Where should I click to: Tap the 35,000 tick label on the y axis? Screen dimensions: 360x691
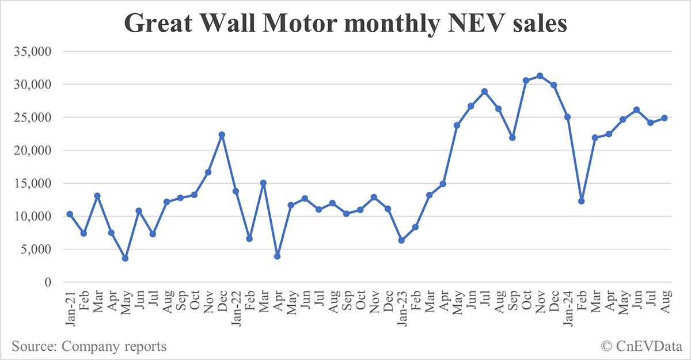click(33, 51)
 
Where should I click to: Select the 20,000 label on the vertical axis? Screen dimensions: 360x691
click(33, 150)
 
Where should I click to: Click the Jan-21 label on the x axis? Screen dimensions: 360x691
click(70, 308)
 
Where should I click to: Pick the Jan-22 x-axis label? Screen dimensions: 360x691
click(236, 308)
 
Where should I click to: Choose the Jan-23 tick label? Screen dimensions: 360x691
click(401, 308)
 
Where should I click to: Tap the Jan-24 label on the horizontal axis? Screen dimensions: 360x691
click(567, 308)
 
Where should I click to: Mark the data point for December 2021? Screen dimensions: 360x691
click(222, 134)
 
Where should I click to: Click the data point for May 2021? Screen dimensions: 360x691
click(125, 258)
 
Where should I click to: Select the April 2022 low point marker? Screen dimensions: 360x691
click(277, 256)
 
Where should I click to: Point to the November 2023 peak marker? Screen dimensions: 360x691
click(540, 75)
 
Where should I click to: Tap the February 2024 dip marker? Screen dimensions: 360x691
click(582, 201)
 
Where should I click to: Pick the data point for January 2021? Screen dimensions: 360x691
click(70, 214)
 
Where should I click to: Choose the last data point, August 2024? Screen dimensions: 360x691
click(665, 118)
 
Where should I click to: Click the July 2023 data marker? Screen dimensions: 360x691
click(484, 91)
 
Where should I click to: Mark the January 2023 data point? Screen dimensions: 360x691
click(401, 240)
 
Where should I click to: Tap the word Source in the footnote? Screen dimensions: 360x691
click(30, 346)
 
